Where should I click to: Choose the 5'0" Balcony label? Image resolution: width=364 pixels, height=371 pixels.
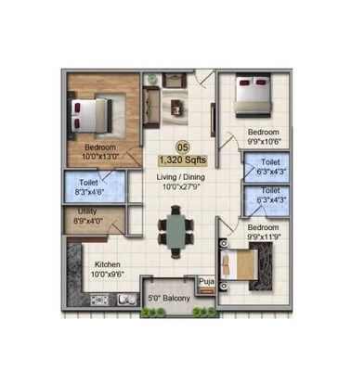pos(170,299)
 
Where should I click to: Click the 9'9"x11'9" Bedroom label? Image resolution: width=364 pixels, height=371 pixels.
pos(264,232)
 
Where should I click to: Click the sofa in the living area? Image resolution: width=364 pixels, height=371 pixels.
pos(154,97)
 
